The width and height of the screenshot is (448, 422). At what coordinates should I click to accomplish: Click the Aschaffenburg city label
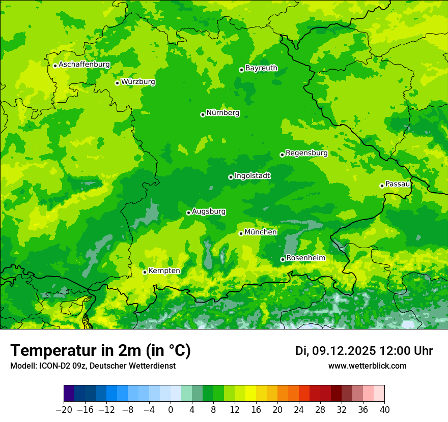click(x=84, y=65)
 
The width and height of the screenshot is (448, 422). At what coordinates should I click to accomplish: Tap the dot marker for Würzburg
click(x=117, y=83)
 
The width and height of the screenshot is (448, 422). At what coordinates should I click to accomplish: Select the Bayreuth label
click(x=261, y=68)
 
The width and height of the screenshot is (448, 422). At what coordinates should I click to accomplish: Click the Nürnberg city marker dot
click(x=203, y=114)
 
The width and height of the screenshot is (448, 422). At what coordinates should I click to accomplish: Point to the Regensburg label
click(x=306, y=153)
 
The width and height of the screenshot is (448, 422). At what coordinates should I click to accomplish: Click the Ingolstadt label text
click(x=252, y=176)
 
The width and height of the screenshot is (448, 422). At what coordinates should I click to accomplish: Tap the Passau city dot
click(x=382, y=186)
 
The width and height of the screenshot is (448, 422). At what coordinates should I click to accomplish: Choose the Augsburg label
click(x=209, y=212)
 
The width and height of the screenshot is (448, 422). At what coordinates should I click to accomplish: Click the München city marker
click(x=241, y=233)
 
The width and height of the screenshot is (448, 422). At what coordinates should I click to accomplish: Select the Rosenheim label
click(x=305, y=258)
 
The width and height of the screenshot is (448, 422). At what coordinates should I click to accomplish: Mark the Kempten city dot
click(x=145, y=272)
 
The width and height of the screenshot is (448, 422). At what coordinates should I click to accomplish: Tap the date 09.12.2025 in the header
click(x=344, y=351)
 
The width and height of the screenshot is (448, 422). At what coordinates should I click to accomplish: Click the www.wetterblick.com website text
click(x=367, y=366)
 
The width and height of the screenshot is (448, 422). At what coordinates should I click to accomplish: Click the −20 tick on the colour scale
click(x=64, y=410)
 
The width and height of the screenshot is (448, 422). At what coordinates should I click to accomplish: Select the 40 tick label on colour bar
click(x=384, y=410)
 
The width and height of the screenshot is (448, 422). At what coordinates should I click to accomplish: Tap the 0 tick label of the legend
click(x=171, y=410)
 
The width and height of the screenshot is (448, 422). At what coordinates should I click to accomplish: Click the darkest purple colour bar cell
click(x=69, y=393)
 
